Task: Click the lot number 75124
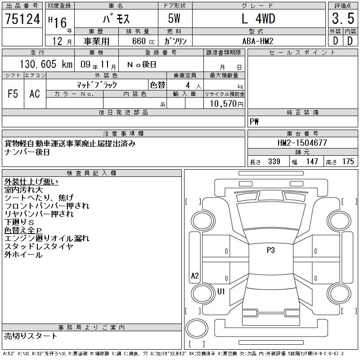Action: [x=22, y=18]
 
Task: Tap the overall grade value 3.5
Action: [x=343, y=18]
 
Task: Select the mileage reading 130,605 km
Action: [x=46, y=64]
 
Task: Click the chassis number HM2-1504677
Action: [x=302, y=143]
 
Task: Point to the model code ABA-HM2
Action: [x=258, y=41]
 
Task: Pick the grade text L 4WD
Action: [x=258, y=18]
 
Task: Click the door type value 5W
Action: [x=174, y=18]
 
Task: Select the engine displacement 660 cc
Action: [x=143, y=41]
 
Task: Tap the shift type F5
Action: [x=13, y=94]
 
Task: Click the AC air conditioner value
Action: [x=35, y=94]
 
